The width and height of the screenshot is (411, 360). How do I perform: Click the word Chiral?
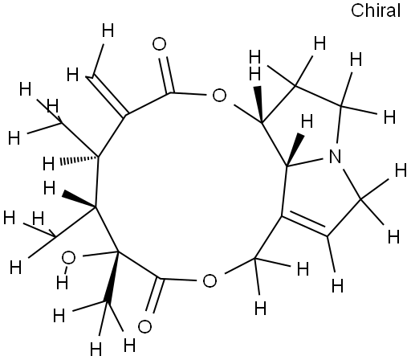point(376,10)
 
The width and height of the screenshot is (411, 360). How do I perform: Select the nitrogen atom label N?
point(335,156)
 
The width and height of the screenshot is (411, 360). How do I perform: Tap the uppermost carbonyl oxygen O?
point(160,44)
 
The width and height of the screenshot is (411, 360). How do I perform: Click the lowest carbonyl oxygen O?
point(144,326)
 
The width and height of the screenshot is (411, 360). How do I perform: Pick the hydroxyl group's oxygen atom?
point(68,258)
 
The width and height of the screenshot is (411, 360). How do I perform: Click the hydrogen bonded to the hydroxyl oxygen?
point(62,282)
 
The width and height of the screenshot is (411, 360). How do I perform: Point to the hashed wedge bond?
point(79,160)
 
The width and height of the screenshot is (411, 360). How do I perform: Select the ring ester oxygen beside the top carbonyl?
point(219,96)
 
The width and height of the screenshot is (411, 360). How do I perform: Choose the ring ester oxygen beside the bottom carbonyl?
point(210,280)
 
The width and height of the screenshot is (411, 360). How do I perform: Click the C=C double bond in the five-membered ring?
point(305,224)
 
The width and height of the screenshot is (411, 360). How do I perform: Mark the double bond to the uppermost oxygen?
point(167,75)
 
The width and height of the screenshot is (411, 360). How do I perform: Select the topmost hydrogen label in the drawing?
point(108,31)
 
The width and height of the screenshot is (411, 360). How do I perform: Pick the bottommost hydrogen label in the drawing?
point(96,349)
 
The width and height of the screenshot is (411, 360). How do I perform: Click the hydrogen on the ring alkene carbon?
point(338,285)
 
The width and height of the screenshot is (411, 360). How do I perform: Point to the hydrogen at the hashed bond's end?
point(49,163)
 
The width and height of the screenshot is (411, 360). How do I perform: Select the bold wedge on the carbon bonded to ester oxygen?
point(259,104)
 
